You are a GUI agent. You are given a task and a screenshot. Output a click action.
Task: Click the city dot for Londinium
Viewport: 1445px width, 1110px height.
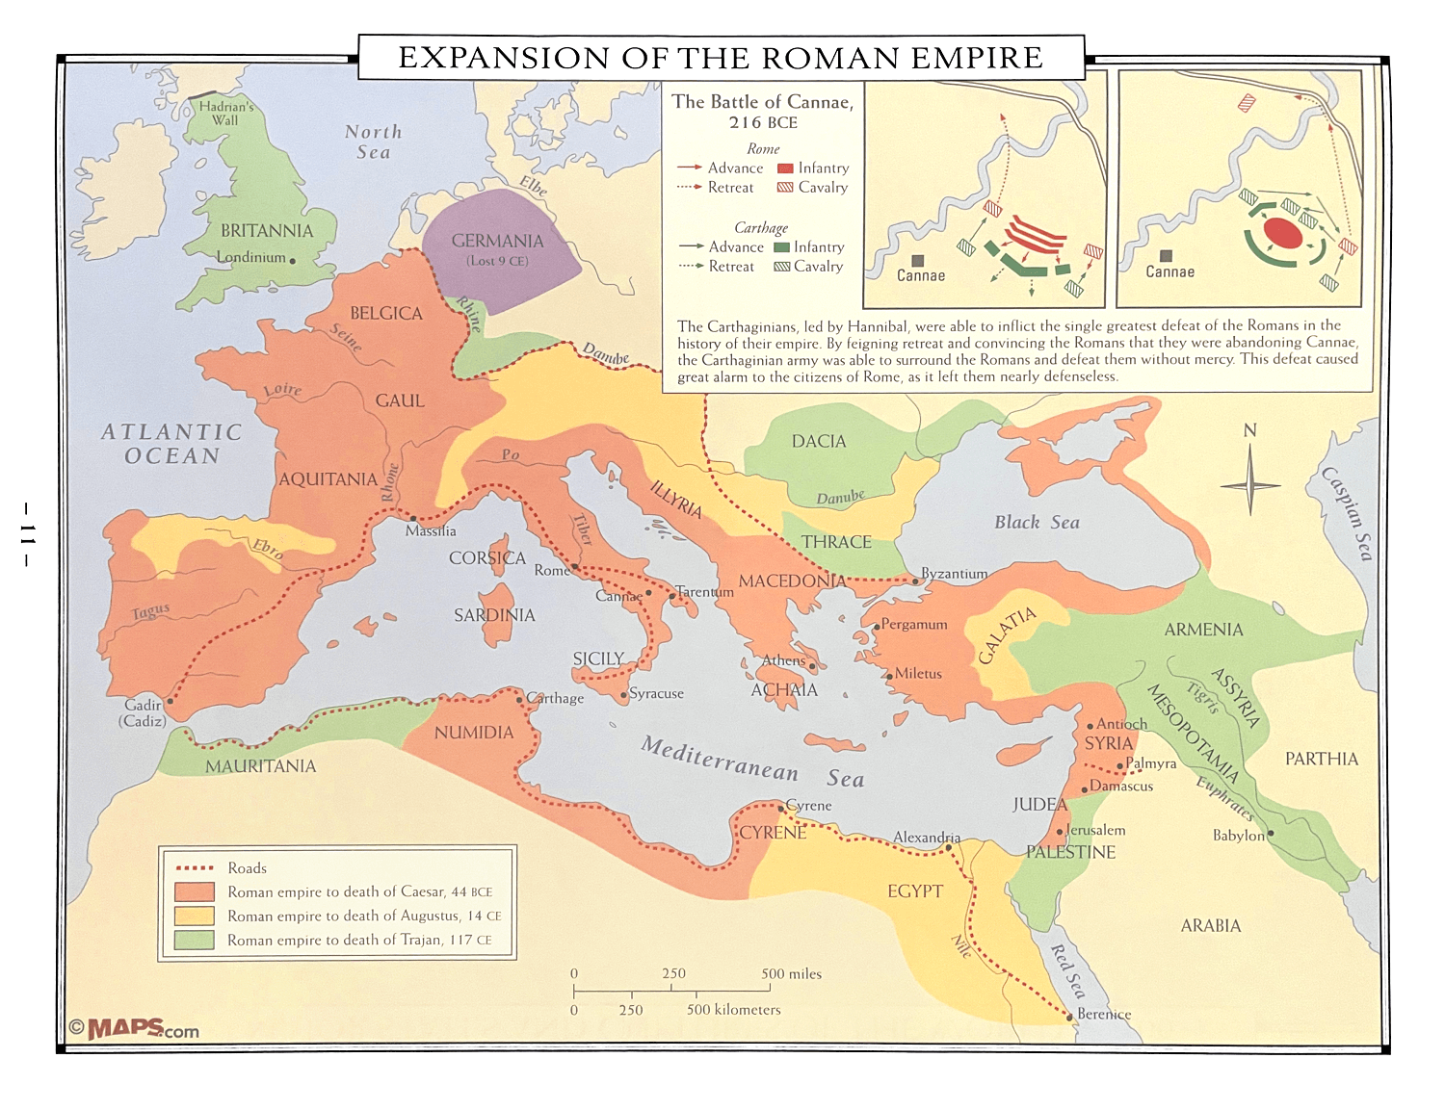293,261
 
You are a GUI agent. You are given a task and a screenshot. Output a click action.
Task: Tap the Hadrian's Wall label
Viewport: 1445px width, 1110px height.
226,114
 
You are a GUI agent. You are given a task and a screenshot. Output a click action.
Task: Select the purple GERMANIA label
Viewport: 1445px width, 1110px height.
497,241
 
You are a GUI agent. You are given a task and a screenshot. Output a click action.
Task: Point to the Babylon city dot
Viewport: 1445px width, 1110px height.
1271,834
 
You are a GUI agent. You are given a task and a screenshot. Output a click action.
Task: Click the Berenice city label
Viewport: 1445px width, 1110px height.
1104,1014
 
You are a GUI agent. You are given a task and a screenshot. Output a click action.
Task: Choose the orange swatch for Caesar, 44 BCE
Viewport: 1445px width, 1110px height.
194,891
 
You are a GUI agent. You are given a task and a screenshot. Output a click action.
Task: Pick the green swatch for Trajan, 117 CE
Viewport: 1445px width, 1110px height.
194,940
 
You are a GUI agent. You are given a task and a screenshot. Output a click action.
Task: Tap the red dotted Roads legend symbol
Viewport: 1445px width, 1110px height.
194,867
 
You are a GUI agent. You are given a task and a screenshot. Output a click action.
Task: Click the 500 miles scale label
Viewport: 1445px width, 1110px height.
791,973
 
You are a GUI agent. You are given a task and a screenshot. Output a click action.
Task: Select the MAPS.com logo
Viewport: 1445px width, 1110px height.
134,1029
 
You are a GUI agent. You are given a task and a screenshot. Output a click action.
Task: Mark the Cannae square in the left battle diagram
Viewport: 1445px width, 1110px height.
918,261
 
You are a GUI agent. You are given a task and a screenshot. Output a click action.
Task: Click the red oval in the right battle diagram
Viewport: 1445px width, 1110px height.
1283,233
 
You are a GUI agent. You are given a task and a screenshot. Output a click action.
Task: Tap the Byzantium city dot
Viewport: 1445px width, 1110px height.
915,581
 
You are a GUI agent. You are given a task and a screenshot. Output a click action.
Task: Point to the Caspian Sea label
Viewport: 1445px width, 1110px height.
1346,512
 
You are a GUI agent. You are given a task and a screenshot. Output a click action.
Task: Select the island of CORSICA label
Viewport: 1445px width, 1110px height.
486,558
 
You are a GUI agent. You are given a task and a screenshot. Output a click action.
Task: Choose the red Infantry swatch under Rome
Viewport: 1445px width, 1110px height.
784,168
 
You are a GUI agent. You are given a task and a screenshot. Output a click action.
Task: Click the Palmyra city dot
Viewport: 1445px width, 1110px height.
1119,766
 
